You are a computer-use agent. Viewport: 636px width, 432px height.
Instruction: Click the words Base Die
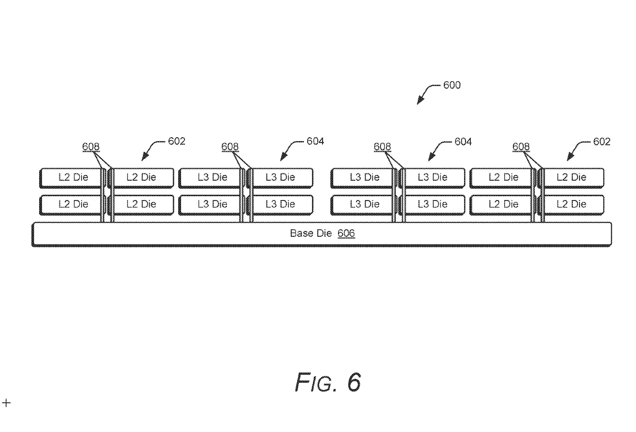pyautogui.click(x=311, y=233)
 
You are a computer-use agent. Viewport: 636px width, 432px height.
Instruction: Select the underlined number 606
pyautogui.click(x=346, y=233)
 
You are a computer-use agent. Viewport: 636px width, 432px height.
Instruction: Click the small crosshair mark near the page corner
pyautogui.click(x=6, y=403)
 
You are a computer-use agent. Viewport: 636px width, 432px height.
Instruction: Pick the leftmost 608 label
pyautogui.click(x=91, y=147)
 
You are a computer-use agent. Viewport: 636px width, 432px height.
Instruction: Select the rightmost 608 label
pyautogui.click(x=521, y=147)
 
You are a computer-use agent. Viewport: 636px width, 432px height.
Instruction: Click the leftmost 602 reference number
pyautogui.click(x=177, y=142)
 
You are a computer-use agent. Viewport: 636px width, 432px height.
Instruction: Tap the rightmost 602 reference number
pyautogui.click(x=602, y=142)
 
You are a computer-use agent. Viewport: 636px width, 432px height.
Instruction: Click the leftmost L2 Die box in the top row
pyautogui.click(x=71, y=177)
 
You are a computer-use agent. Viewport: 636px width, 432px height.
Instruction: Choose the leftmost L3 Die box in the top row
pyautogui.click(x=211, y=177)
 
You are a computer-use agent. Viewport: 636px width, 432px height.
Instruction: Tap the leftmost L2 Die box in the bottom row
pyautogui.click(x=71, y=204)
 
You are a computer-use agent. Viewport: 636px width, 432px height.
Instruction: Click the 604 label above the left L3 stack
pyautogui.click(x=315, y=142)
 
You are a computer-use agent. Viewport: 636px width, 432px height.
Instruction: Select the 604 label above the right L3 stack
pyautogui.click(x=463, y=142)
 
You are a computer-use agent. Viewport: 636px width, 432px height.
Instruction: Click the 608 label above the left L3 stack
pyautogui.click(x=230, y=147)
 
